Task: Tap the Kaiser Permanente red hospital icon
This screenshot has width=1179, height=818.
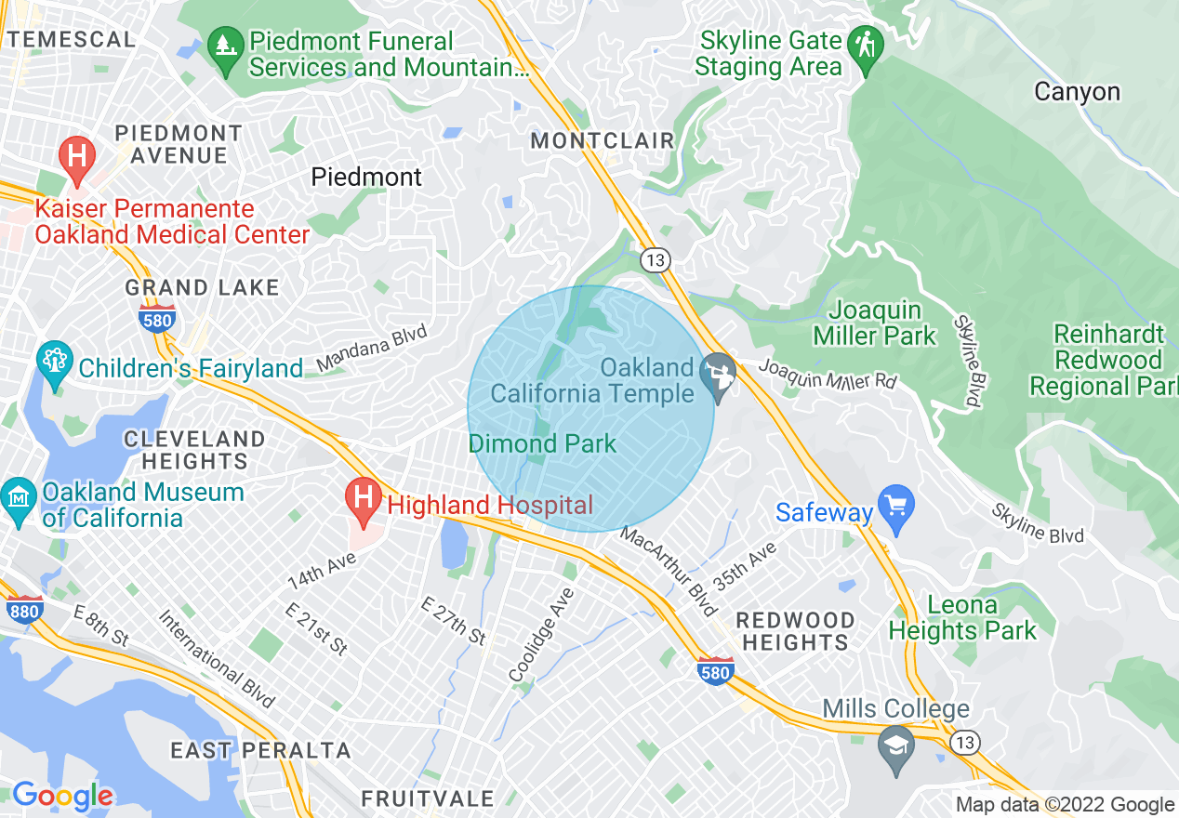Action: click(x=76, y=158)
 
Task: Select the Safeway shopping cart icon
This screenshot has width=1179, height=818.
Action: click(x=896, y=508)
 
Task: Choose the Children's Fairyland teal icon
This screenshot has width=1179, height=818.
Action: click(x=54, y=363)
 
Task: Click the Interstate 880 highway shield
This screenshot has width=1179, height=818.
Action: click(x=24, y=610)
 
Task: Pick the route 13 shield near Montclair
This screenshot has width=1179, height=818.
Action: click(x=656, y=261)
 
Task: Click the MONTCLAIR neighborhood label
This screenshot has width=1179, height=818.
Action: click(x=602, y=141)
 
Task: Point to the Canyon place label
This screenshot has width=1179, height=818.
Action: click(x=1077, y=92)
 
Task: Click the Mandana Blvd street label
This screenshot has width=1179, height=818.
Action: click(x=372, y=348)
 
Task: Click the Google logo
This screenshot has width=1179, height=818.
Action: click(x=61, y=796)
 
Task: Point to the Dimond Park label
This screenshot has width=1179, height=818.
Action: click(x=542, y=443)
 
